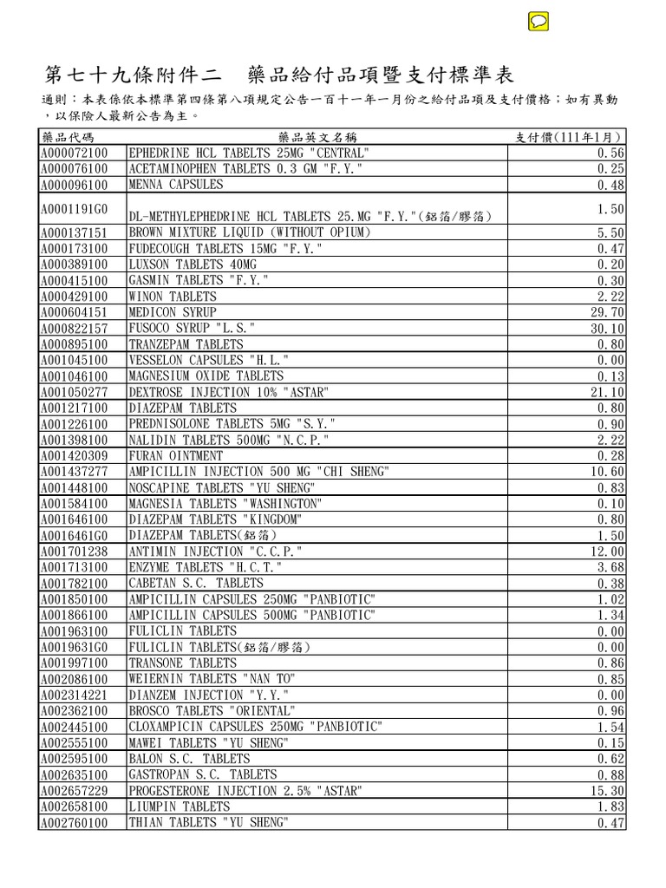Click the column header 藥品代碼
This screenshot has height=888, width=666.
(67, 138)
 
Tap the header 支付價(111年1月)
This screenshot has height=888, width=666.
(569, 138)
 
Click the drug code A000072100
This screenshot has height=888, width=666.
(74, 153)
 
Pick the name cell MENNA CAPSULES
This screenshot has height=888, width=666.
(176, 185)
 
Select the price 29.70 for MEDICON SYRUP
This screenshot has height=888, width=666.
(607, 312)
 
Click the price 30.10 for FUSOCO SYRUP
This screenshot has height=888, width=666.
(607, 329)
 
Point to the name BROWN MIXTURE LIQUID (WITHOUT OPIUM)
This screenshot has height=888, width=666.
(250, 232)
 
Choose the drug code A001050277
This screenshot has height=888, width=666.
(74, 392)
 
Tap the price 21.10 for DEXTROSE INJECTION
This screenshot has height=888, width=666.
(607, 392)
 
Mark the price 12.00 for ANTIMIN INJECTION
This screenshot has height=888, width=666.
(607, 552)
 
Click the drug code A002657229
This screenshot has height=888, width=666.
(74, 791)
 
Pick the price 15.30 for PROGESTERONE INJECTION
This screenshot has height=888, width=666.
(607, 791)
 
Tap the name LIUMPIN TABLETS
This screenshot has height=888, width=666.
(180, 806)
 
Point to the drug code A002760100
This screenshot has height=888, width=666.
(74, 823)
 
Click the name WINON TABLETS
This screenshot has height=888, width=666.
(173, 297)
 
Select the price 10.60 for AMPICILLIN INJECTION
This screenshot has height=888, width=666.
(607, 472)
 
